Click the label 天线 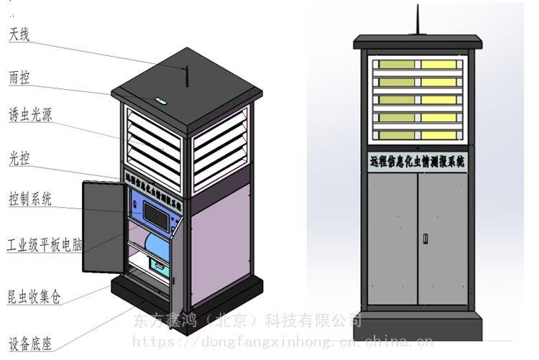point(19,34)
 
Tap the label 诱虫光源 point(29,115)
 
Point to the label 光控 point(19,157)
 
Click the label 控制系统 point(29,199)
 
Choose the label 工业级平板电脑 point(45,245)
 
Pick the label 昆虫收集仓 point(34,295)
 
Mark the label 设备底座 point(29,343)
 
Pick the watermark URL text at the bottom point(284,341)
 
